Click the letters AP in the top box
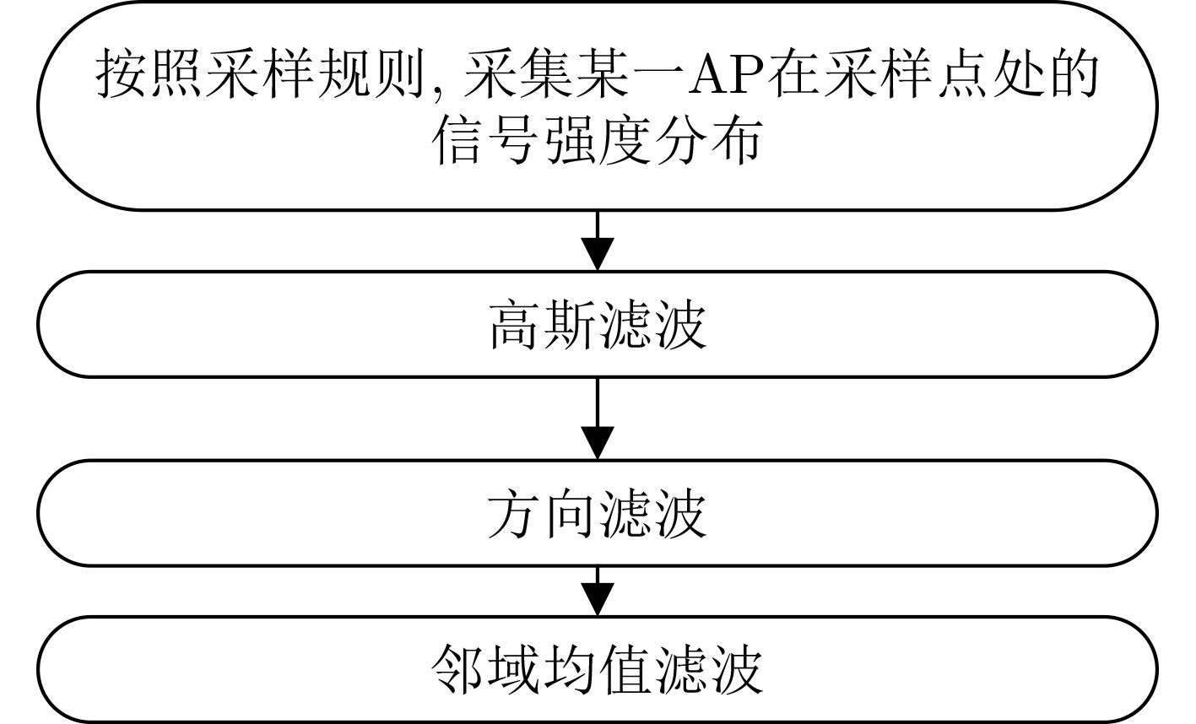coord(728,74)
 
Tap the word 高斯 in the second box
coord(543,325)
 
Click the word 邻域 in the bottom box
coord(486,670)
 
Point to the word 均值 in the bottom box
coord(597,670)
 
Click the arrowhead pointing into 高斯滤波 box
coord(598,254)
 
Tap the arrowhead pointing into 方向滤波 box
coord(598,443)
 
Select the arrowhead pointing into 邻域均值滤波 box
coord(598,600)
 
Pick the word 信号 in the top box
coord(486,141)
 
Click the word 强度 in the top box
coord(597,141)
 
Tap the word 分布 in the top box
coord(708,141)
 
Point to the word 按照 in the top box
coord(150,74)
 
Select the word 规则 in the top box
coord(372,74)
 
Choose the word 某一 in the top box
coord(629,74)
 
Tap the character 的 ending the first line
coord(1074,74)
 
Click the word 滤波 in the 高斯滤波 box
coord(653,325)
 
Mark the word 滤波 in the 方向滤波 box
coord(653,513)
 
